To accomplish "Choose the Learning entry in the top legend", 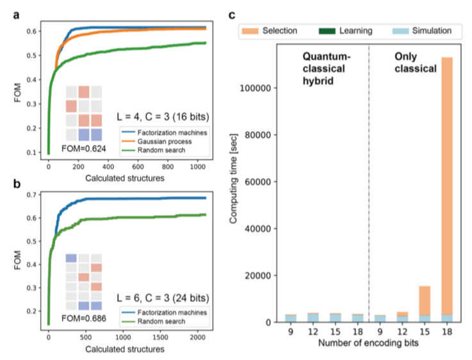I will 348,31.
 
